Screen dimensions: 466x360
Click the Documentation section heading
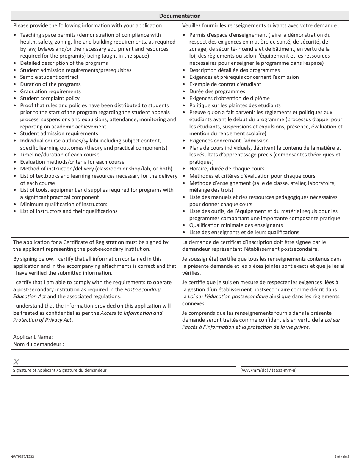(180, 16)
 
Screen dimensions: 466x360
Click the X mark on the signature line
(16, 362)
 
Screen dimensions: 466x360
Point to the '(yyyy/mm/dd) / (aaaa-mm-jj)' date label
(268, 370)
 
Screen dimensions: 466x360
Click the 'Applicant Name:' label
(33, 337)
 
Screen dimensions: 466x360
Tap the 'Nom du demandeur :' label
(39, 344)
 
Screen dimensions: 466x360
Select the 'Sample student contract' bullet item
(49, 77)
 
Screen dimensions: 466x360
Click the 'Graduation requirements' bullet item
(50, 91)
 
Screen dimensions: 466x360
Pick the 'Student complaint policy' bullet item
(50, 98)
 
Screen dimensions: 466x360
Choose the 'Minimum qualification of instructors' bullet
(64, 204)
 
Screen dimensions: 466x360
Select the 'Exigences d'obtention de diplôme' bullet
(230, 98)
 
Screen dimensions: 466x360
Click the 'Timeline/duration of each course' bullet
(60, 155)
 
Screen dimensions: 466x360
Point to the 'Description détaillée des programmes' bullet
(235, 70)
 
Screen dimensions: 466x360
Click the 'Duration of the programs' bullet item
(50, 84)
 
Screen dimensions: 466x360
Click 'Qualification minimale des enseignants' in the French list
(236, 225)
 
